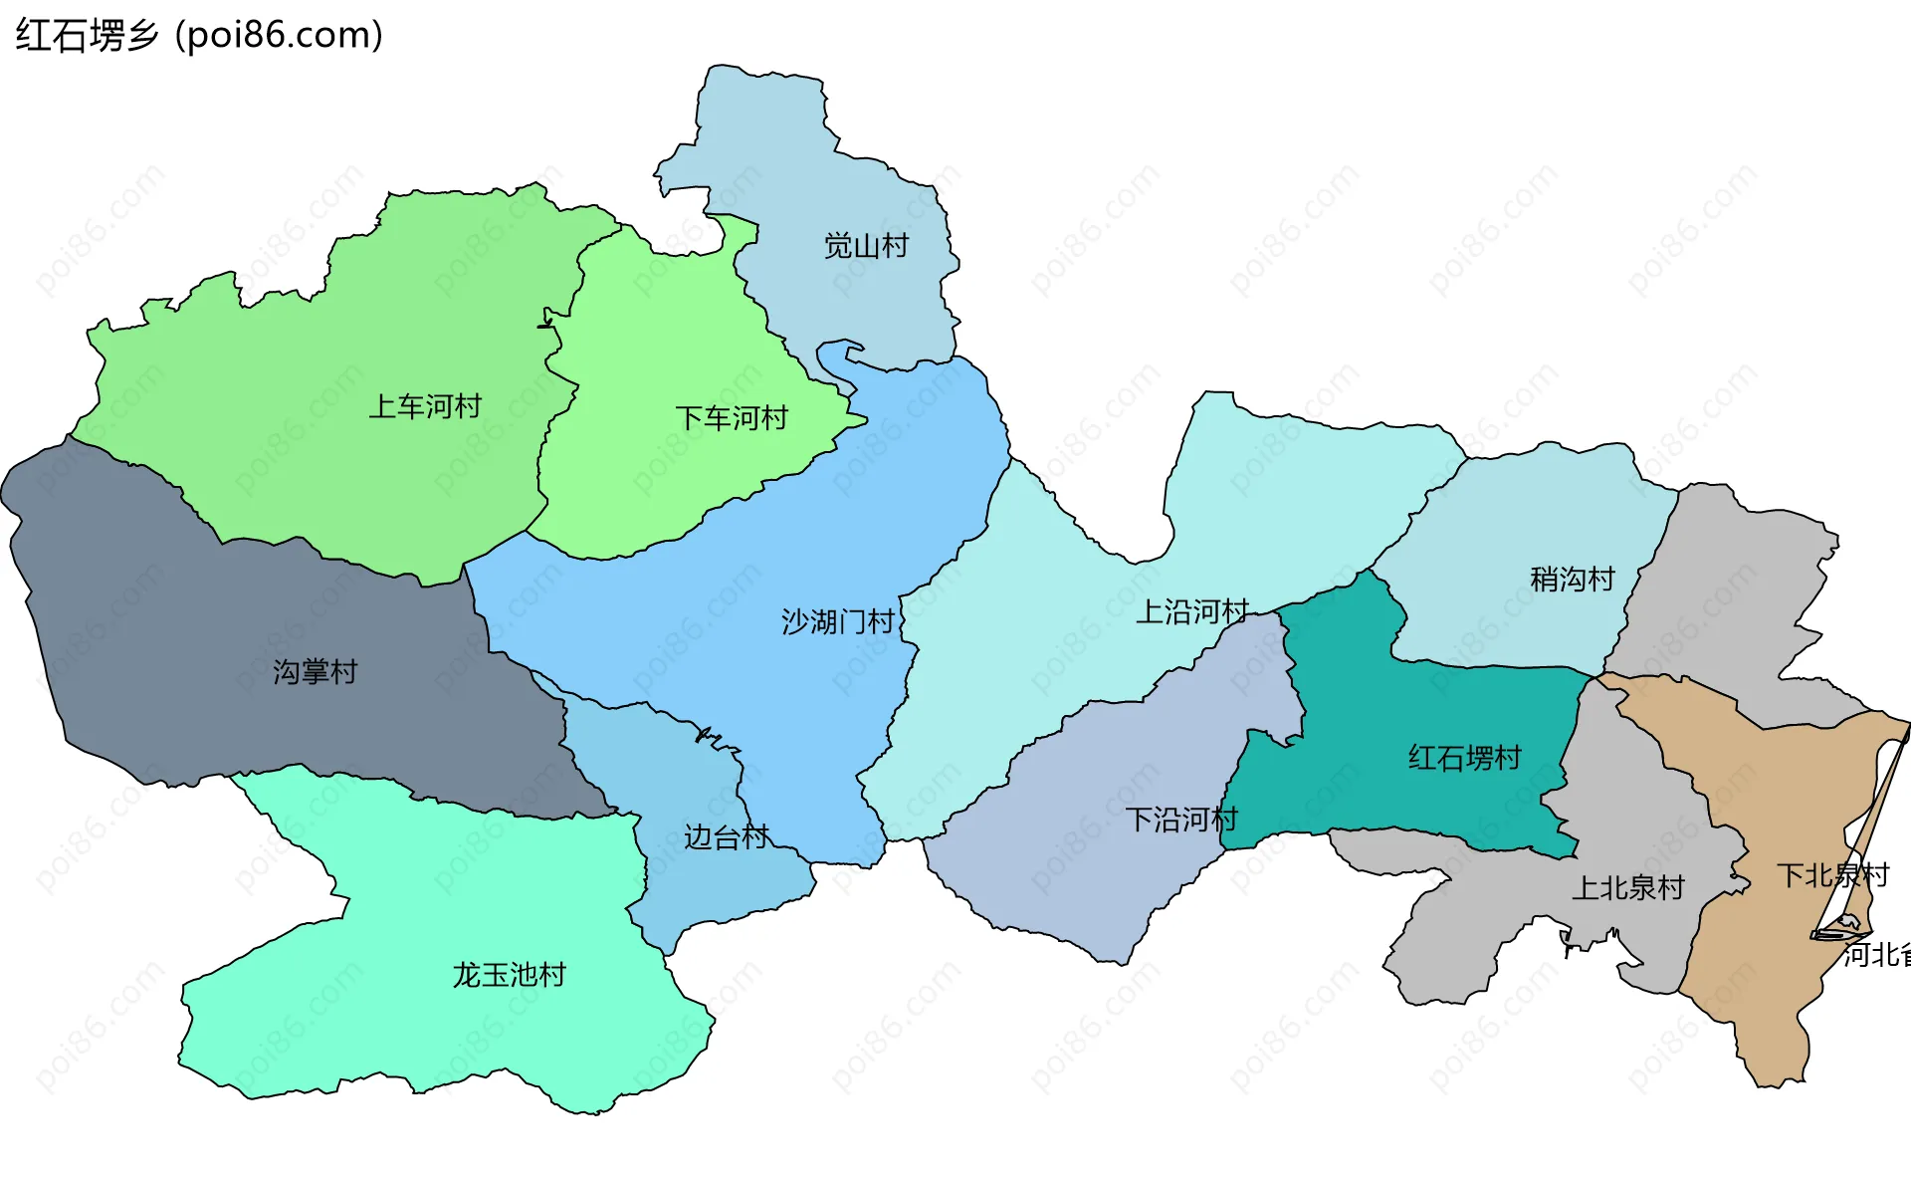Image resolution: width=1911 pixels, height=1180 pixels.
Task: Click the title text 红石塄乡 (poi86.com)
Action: [199, 36]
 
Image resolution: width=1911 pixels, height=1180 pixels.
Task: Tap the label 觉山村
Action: [866, 246]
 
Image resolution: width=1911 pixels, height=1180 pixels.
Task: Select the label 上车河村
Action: [425, 406]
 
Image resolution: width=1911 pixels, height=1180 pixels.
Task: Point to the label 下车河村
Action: [732, 418]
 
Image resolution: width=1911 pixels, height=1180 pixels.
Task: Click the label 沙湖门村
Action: [838, 622]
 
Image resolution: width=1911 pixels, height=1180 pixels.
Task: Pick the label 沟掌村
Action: [315, 672]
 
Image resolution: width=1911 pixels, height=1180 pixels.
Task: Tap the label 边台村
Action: [727, 837]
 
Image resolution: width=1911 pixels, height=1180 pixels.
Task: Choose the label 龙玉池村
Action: [509, 975]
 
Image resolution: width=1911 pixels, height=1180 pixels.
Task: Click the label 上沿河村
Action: [1192, 611]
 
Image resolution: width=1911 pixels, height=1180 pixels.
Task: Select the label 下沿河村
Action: [1181, 821]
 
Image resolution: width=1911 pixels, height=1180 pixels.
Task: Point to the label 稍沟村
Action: [1572, 580]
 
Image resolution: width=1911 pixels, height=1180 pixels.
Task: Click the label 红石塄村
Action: [1464, 759]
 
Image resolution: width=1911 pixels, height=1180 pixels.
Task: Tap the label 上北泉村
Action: [1627, 888]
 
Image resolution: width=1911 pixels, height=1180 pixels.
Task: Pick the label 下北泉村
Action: [1832, 876]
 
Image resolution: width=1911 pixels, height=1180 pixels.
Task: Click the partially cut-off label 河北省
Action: [1877, 955]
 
